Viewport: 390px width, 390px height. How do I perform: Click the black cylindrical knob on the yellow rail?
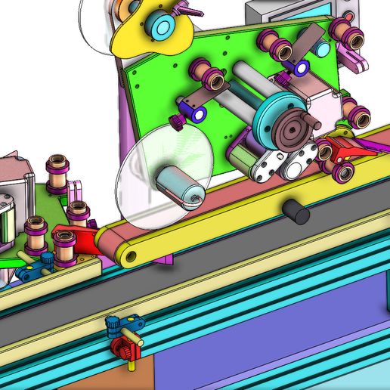(x=297, y=212)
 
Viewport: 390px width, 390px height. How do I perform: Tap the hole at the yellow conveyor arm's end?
(x=132, y=256)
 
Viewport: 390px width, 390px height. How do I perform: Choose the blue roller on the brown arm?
(x=198, y=114)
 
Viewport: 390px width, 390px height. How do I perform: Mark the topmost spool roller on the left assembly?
(x=57, y=166)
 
